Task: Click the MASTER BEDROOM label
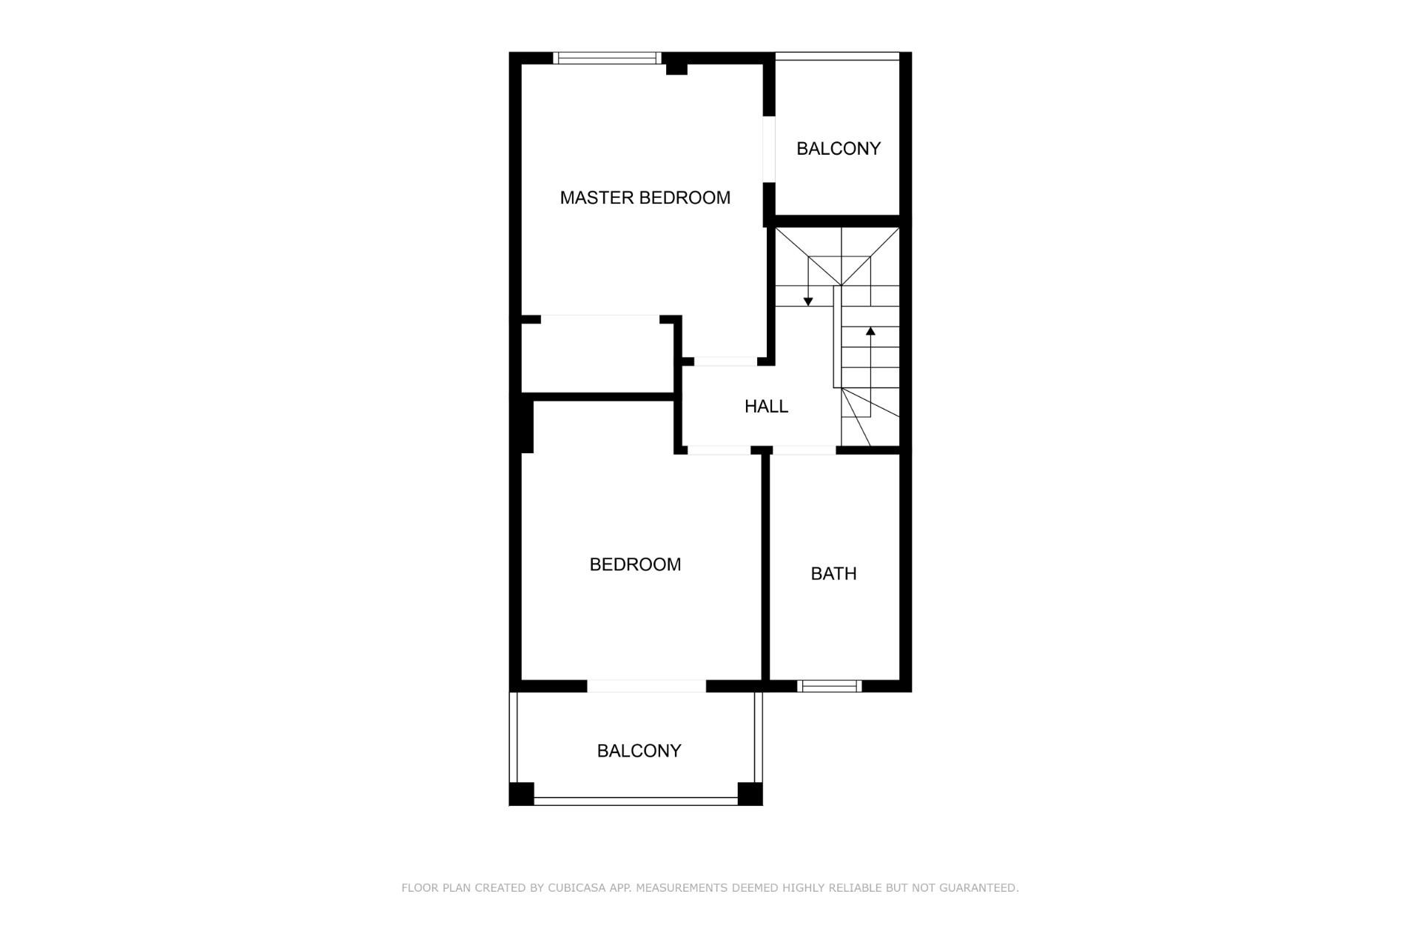(645, 198)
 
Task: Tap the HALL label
(766, 406)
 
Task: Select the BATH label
(833, 573)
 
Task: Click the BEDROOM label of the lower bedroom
(635, 564)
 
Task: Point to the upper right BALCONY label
(839, 148)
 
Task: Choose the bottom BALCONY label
(639, 751)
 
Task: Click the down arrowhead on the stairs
(808, 301)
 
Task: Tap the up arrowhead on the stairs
(870, 332)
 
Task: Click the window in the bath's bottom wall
(830, 687)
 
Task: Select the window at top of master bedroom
(607, 58)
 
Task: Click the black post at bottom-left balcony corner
(521, 794)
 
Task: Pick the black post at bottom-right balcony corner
(750, 794)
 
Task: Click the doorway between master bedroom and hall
(725, 361)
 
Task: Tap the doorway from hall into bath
(804, 450)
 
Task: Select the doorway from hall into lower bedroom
(719, 450)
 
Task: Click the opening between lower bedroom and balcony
(647, 687)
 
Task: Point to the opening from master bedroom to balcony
(769, 149)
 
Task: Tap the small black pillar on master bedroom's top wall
(676, 69)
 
